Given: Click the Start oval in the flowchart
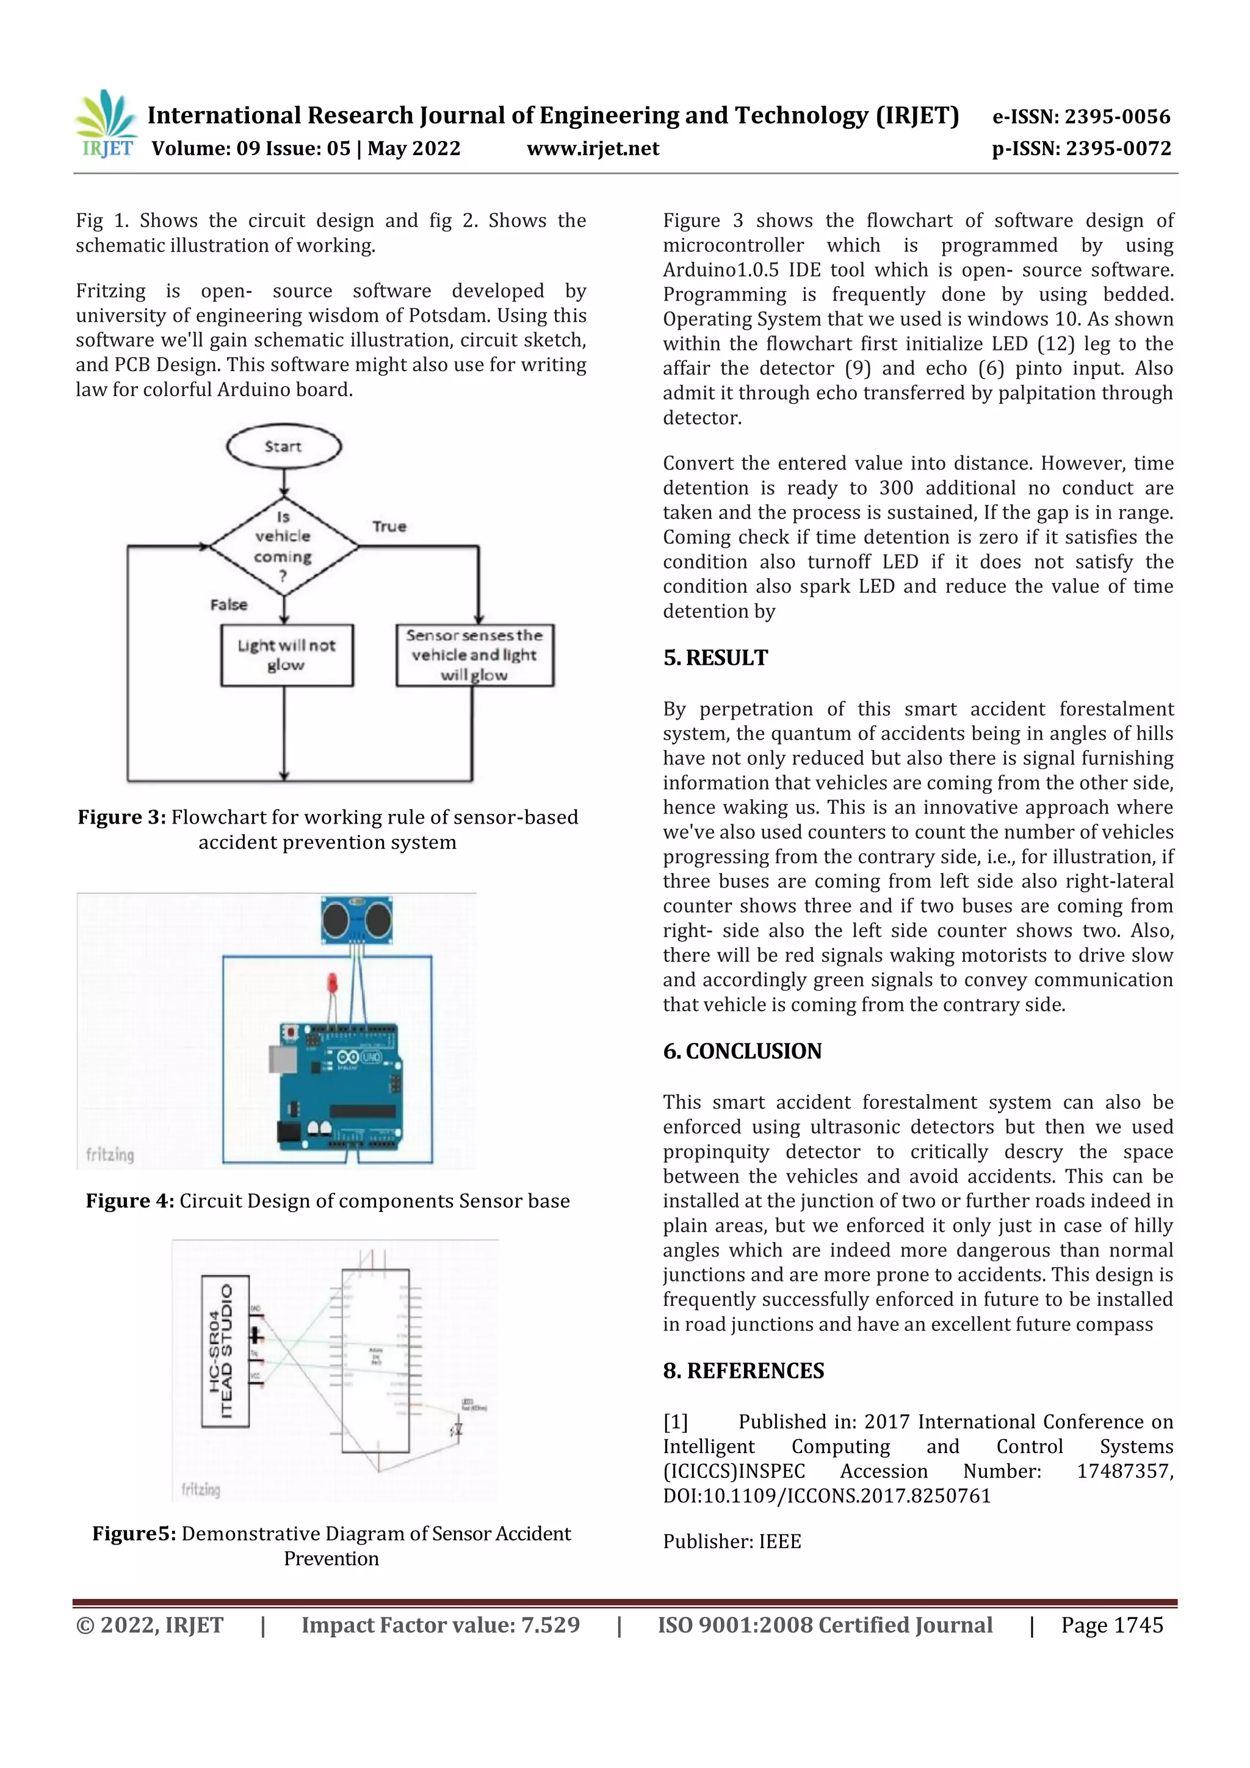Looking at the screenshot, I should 283,446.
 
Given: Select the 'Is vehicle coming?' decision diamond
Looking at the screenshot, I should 283,546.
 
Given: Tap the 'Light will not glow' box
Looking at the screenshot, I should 286,654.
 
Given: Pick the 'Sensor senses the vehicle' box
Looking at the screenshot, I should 474,654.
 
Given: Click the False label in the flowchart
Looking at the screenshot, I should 229,604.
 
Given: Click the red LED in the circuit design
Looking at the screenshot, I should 333,984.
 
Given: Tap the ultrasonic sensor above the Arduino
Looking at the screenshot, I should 357,919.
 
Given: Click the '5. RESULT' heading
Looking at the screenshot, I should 715,658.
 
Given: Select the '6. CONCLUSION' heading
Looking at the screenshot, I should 742,1051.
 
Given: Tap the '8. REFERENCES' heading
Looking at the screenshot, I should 743,1371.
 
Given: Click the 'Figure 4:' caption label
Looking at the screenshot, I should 129,1201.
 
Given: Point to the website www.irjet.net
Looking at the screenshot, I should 593,148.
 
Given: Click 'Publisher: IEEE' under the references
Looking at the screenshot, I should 731,1542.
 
